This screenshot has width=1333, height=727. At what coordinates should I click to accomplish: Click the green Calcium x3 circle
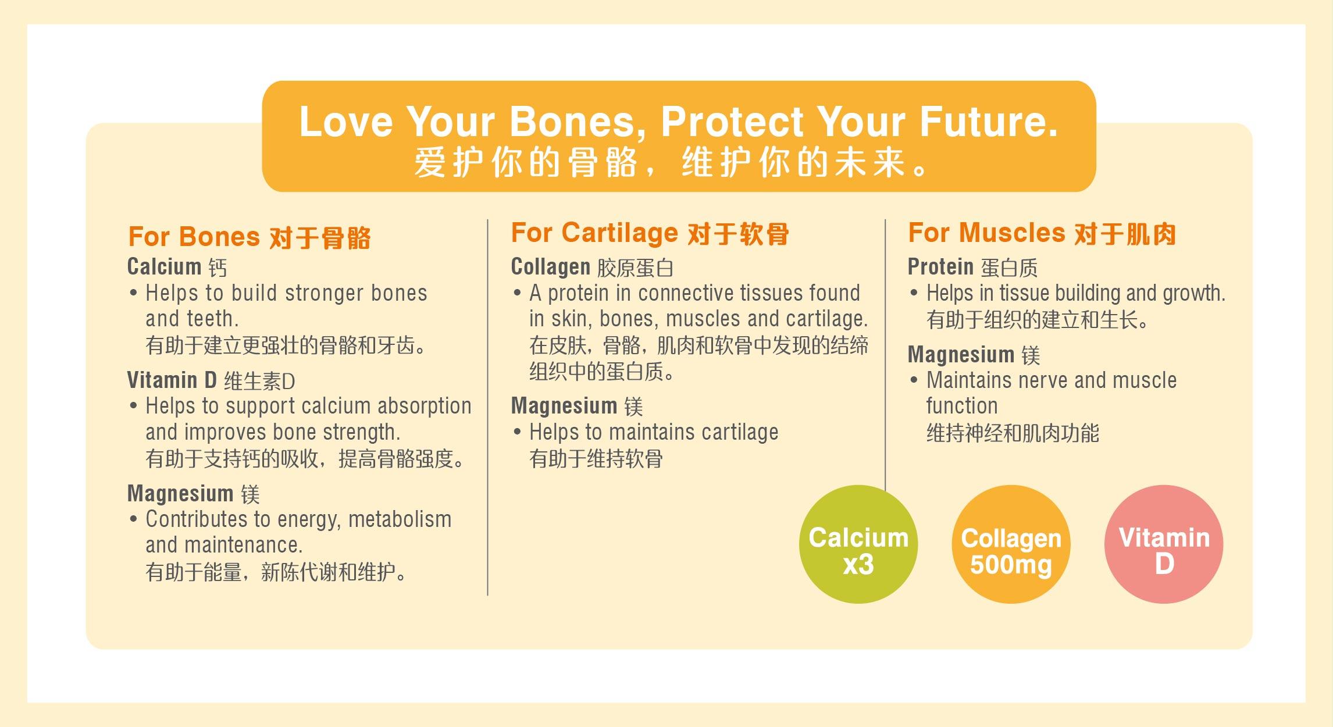pos(858,544)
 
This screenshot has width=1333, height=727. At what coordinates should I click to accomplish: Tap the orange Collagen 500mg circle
pos(1011,544)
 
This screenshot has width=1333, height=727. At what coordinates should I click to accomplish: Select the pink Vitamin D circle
pos(1164,544)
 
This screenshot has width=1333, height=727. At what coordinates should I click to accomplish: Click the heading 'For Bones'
pos(194,237)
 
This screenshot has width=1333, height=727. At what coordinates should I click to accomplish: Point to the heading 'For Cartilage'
pos(594,233)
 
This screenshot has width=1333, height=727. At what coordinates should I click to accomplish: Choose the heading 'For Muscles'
pos(986,233)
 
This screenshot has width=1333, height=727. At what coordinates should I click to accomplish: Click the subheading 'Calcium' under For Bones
pos(165,267)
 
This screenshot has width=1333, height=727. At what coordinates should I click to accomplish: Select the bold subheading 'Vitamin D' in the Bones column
pos(172,380)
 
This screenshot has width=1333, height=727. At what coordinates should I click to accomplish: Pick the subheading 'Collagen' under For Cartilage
pos(551,268)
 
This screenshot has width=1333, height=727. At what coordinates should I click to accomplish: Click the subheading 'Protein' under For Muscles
pos(940,267)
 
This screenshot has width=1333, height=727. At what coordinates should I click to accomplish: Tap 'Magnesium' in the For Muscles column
pos(961,355)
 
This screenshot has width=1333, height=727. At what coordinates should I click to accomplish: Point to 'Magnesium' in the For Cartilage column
pos(564,406)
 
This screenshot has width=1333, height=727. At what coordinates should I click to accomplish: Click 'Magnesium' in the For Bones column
pos(180,494)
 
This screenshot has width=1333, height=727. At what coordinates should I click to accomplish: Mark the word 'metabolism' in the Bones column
pos(400,519)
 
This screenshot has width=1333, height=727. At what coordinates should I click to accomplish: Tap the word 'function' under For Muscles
pos(962,406)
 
